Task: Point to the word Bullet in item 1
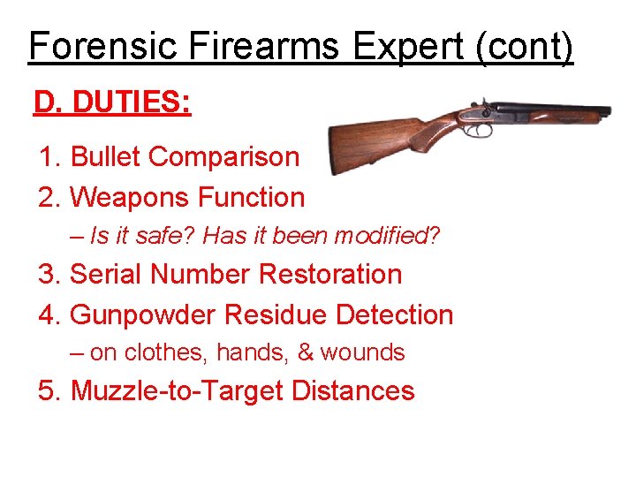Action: tap(106, 156)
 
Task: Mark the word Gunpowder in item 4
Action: tap(143, 314)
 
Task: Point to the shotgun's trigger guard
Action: tap(479, 131)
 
